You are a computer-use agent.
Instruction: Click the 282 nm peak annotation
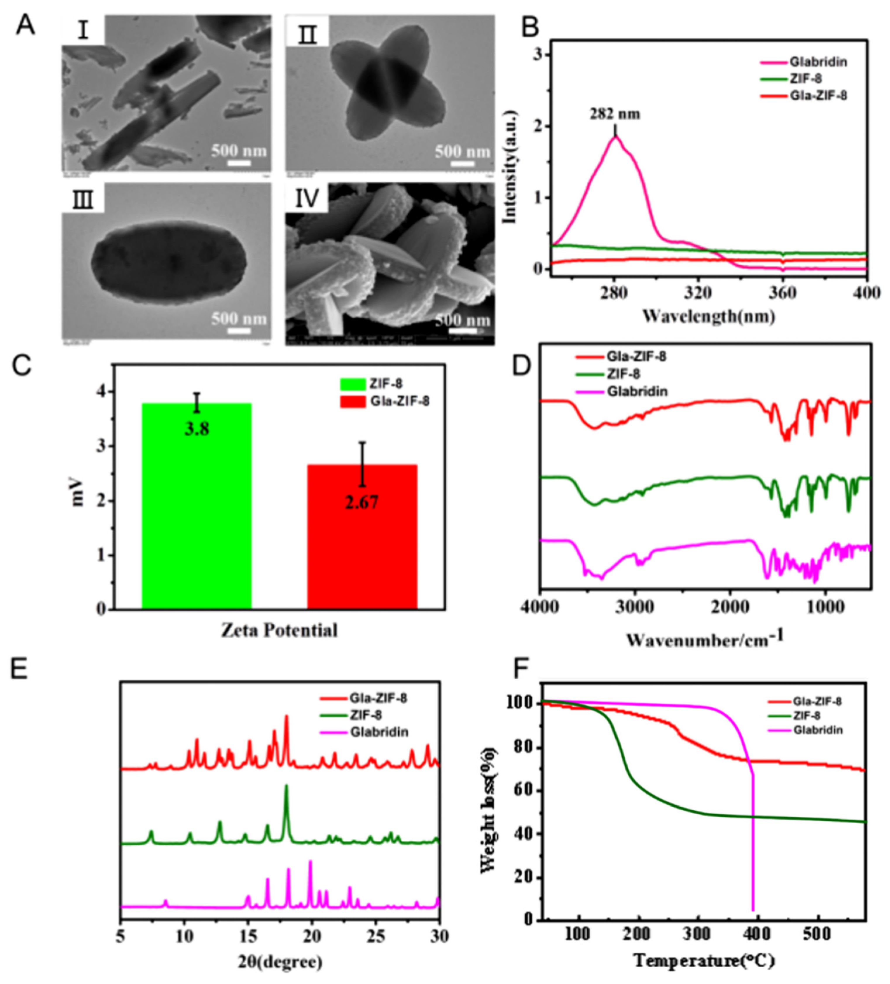coord(614,114)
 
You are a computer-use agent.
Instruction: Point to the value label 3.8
coord(197,429)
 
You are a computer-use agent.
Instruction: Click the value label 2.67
coord(362,501)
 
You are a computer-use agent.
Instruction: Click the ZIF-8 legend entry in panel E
coord(366,715)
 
